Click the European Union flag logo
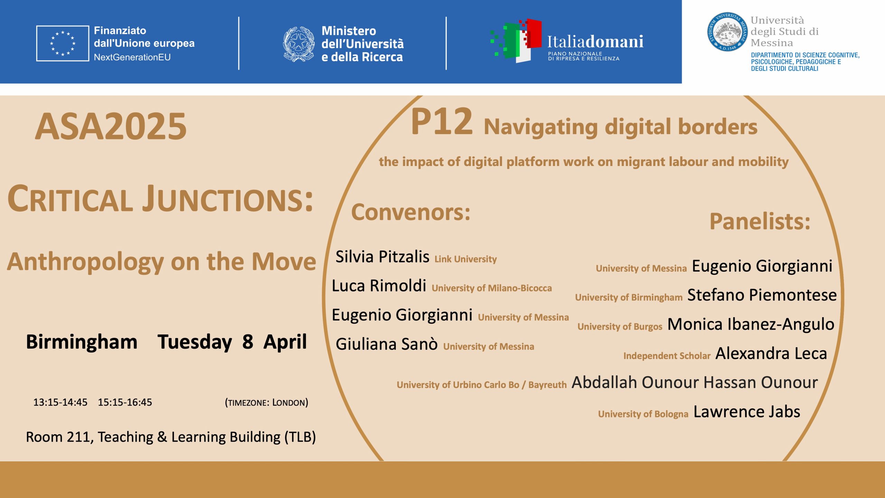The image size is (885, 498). point(63,43)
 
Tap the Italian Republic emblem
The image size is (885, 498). point(299,44)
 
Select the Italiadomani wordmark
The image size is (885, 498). point(595,41)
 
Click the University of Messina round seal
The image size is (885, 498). point(727,32)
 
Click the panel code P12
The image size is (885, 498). point(441,122)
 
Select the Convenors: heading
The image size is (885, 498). point(411,212)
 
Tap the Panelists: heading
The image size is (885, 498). point(760,221)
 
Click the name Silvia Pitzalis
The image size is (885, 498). point(382,257)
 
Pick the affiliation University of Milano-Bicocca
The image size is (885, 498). point(492,288)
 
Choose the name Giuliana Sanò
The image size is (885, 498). point(386,344)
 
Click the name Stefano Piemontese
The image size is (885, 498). point(762,295)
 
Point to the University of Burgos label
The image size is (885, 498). point(620,326)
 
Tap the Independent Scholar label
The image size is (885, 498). point(667,356)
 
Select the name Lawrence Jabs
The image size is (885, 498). point(747,412)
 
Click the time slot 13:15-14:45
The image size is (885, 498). point(60,402)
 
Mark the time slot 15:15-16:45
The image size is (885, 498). point(125,402)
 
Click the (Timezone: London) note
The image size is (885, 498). point(266,403)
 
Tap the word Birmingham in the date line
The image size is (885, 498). point(82,342)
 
